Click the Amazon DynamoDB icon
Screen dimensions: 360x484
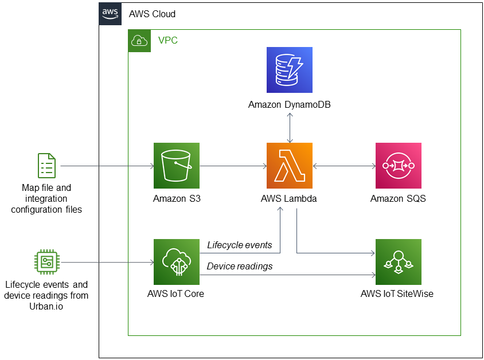click(290, 70)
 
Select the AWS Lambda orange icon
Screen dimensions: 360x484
click(290, 166)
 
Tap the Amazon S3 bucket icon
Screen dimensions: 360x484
click(177, 166)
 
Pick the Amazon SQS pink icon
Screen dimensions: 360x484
click(398, 166)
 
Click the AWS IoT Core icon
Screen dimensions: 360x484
click(177, 262)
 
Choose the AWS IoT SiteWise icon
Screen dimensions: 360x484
click(398, 262)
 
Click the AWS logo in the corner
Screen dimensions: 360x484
click(110, 13)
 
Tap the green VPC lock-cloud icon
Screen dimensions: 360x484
click(139, 41)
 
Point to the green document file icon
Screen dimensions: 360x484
click(46, 166)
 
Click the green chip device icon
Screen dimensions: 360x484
click(46, 262)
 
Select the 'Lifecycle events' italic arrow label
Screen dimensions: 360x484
click(239, 245)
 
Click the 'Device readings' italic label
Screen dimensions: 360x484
click(239, 266)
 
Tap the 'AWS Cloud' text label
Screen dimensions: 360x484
click(152, 14)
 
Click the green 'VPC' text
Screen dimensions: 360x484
click(168, 41)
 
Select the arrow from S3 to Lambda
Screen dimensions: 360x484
click(233, 166)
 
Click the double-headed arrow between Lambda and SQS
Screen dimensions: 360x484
click(344, 166)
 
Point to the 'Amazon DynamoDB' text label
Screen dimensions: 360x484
click(290, 105)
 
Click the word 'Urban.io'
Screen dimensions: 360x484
click(46, 306)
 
